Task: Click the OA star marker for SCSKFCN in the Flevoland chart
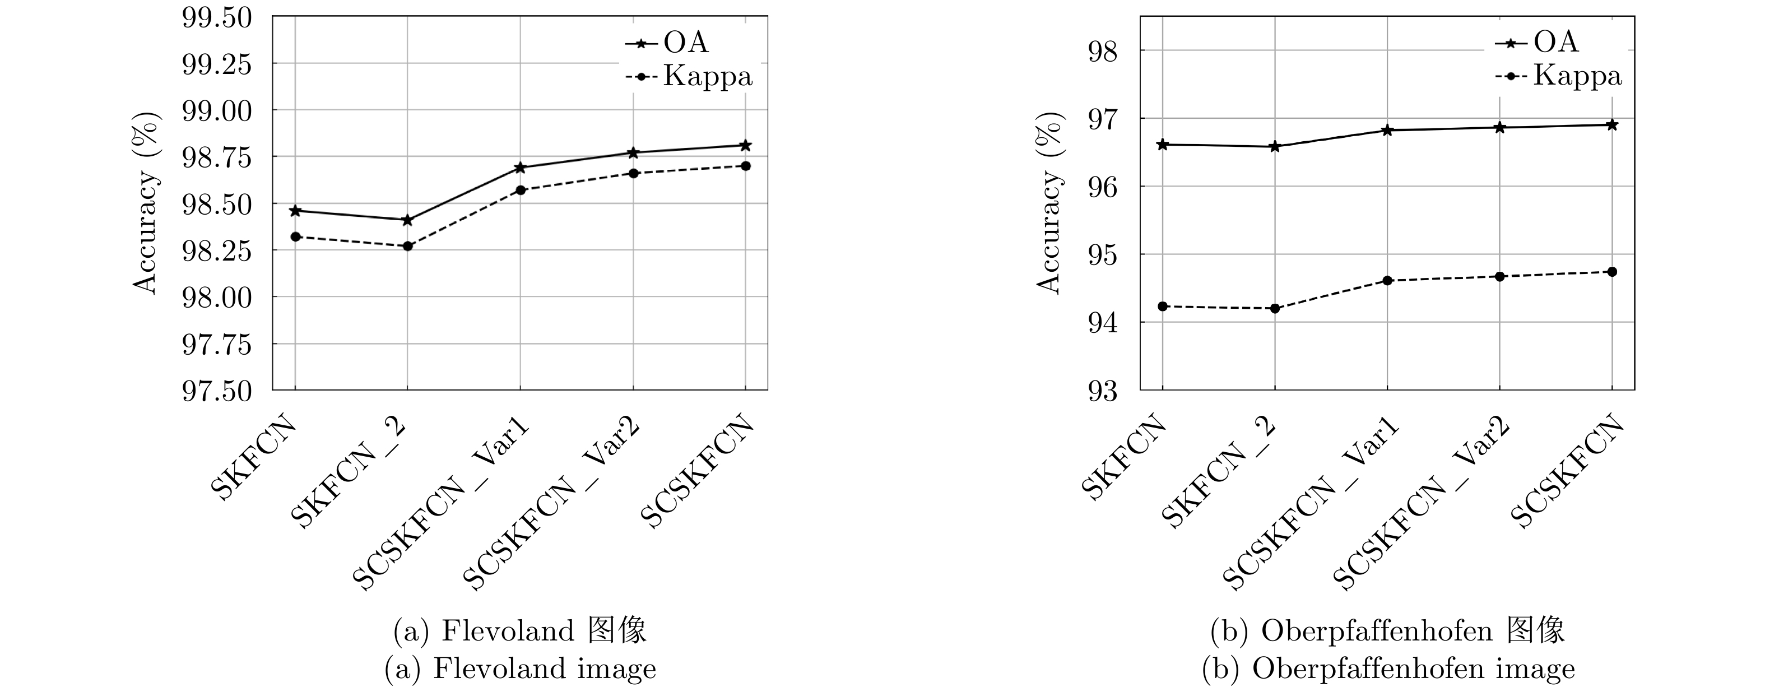pyautogui.click(x=745, y=145)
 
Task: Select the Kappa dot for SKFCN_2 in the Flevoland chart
pyautogui.click(x=408, y=246)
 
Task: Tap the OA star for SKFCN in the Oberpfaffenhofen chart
pyautogui.click(x=1163, y=145)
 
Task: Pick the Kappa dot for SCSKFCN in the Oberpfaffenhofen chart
pyautogui.click(x=1612, y=272)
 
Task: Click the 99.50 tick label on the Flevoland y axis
pyautogui.click(x=216, y=18)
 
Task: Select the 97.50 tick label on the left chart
pyautogui.click(x=216, y=391)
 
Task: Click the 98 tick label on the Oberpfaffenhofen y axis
pyautogui.click(x=1103, y=52)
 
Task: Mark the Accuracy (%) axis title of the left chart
pyautogui.click(x=146, y=203)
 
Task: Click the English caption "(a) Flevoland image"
pyautogui.click(x=521, y=669)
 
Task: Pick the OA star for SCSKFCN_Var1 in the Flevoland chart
pyautogui.click(x=520, y=168)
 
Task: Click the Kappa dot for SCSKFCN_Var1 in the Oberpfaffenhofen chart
pyautogui.click(x=1387, y=281)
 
